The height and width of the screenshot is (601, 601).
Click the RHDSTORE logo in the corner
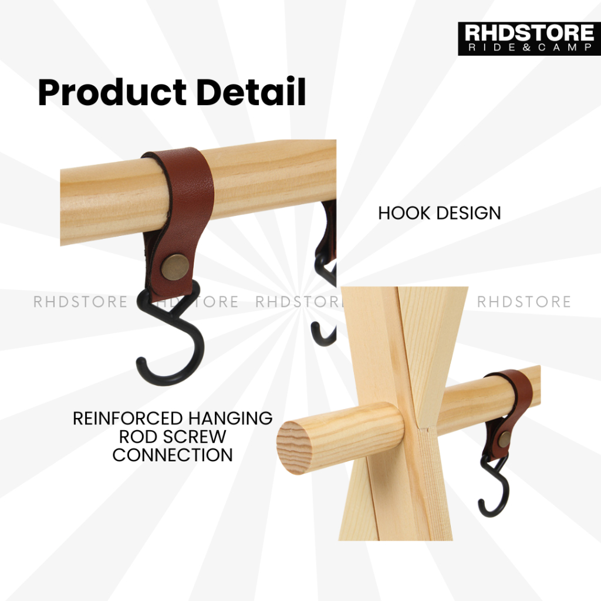point(529,38)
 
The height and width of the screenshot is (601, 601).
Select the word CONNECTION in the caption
point(173,455)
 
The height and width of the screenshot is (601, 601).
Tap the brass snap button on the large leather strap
point(175,267)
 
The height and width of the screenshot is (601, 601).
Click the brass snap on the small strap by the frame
point(504,439)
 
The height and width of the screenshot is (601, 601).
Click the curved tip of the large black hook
point(141,363)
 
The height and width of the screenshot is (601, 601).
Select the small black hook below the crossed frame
point(494,486)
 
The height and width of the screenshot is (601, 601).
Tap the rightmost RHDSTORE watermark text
point(524,302)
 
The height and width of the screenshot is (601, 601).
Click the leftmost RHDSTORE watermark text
point(80,302)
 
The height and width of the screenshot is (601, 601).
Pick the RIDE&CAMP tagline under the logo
point(529,47)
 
